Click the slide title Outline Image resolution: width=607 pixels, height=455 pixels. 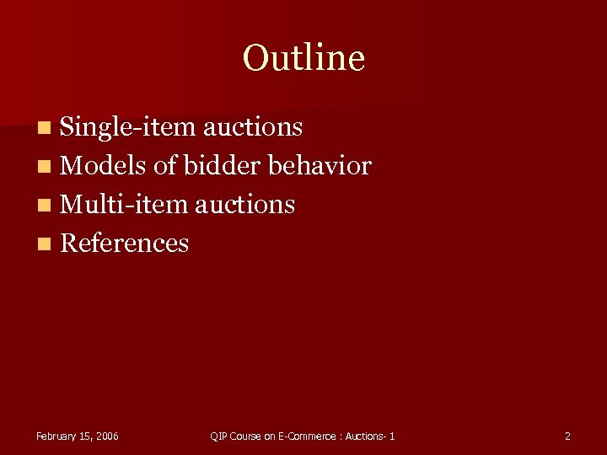pos(303,58)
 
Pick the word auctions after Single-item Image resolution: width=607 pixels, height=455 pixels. pos(253,127)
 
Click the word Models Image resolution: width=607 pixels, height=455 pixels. pos(103,166)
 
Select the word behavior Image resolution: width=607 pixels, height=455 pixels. pos(320,166)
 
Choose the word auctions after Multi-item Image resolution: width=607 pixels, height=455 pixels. pos(245,204)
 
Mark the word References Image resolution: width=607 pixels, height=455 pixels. pos(125,244)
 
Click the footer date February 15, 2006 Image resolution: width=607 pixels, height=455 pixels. pos(78,436)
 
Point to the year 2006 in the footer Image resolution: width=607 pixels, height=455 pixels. pos(107,436)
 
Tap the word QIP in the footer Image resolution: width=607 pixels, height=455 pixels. pos(219,436)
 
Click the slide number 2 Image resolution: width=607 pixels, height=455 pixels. pos(567,436)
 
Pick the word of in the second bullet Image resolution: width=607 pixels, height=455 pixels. pos(164,166)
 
